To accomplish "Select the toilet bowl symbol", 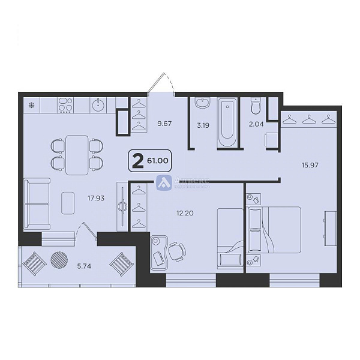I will click(x=255, y=107).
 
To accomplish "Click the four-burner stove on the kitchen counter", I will click(x=65, y=106).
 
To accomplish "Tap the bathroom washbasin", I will click(x=203, y=104).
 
